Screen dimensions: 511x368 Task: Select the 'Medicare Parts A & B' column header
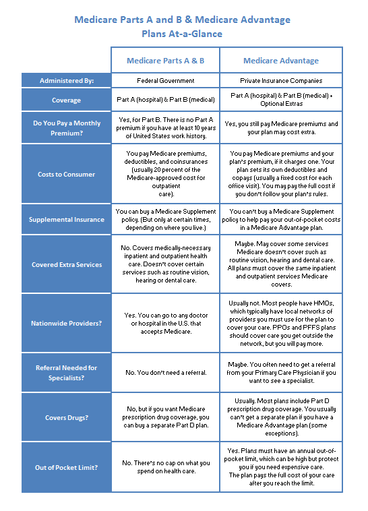[x=165, y=61]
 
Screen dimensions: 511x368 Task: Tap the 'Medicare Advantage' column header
[x=281, y=61]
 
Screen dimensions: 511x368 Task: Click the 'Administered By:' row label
[x=66, y=81]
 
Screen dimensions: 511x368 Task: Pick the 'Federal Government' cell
[x=165, y=81]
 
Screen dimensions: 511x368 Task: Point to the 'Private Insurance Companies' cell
[x=281, y=81]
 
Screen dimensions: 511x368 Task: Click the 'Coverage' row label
[x=66, y=100]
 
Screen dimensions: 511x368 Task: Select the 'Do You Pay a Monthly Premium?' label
[x=66, y=128]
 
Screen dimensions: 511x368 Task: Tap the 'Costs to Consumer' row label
[x=66, y=175]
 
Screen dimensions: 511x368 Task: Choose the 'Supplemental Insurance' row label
[x=66, y=220]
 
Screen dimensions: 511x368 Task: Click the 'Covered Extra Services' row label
[x=66, y=265]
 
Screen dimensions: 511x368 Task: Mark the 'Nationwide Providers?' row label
[x=66, y=324]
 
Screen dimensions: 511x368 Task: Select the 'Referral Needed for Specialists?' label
[x=66, y=372]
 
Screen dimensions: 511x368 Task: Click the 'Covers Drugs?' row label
[x=66, y=418]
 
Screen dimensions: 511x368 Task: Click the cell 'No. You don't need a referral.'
[x=165, y=372]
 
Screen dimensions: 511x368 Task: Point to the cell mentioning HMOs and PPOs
[x=281, y=324]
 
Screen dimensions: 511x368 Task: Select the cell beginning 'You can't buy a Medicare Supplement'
[x=281, y=220]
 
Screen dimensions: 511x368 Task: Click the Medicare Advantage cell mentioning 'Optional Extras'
[x=281, y=100]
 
